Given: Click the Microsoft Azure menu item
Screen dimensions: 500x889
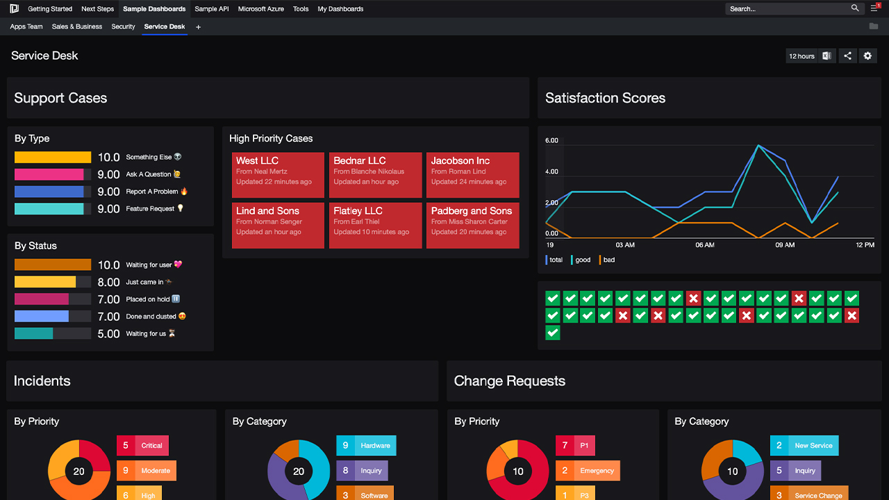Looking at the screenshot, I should tap(260, 9).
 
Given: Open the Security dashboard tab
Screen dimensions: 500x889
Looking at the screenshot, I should tap(123, 26).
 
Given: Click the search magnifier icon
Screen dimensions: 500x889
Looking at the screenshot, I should tap(855, 8).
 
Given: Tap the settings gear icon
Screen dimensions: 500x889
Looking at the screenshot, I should tap(867, 56).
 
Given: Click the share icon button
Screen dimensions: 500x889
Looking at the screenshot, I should tap(847, 56).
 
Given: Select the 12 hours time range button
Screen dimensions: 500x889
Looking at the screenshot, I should tap(801, 56).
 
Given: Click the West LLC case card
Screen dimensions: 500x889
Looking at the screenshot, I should tap(278, 175).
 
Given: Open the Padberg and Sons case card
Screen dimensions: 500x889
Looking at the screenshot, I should tap(472, 225).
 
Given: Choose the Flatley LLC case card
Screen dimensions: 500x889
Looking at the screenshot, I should tap(375, 225).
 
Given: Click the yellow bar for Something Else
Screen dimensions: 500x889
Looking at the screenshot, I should tap(53, 158).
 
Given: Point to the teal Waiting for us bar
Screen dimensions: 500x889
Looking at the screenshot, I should tap(34, 333).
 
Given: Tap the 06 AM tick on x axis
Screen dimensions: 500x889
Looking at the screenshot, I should tap(705, 245).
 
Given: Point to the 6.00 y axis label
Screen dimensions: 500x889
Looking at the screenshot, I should tap(551, 140).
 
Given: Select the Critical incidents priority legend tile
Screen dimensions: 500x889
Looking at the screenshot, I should tap(143, 446).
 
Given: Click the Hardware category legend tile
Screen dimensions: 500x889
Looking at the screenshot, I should tap(366, 446).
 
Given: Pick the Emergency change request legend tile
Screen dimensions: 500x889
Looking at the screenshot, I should tap(588, 471).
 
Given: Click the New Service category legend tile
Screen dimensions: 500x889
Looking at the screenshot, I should tap(804, 446).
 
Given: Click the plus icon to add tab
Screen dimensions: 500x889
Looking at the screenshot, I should tap(199, 27).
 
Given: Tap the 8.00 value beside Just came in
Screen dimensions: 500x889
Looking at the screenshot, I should tap(108, 282).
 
